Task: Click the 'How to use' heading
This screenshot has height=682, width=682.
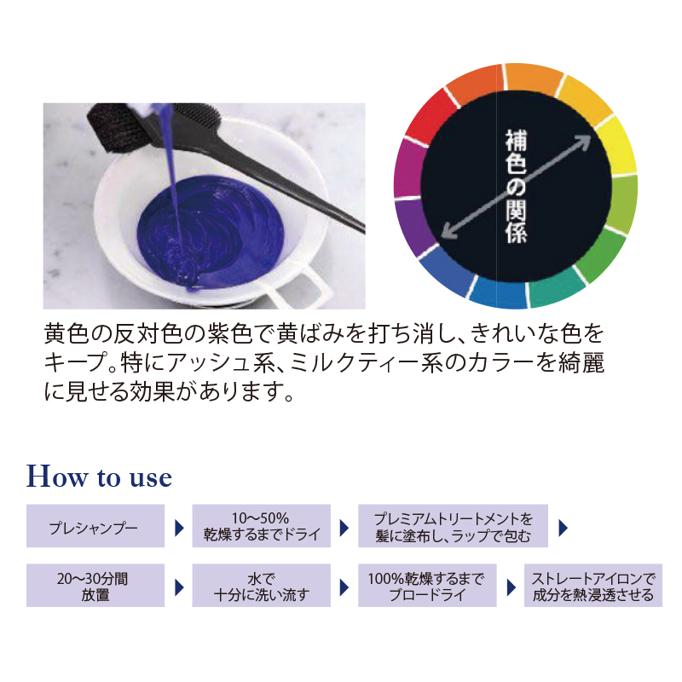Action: coord(99,477)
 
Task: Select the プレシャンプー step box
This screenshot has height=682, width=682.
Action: coord(95,526)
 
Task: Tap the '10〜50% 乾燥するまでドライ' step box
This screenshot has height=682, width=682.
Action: coord(262,526)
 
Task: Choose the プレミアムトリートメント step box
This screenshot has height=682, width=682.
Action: coord(453,526)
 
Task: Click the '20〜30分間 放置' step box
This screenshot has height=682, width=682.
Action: coord(95,586)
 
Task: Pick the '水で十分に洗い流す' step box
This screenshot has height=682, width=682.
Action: coord(262,586)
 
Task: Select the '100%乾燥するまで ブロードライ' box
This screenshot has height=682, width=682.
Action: coord(427,586)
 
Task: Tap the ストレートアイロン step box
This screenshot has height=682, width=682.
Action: coord(593,586)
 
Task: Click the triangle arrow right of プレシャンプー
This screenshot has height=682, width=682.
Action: coord(179,528)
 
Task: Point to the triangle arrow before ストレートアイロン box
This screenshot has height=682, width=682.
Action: coord(511,587)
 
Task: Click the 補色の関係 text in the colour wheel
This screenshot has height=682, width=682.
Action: coord(517,186)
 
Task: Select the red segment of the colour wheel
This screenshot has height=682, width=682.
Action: coord(430,115)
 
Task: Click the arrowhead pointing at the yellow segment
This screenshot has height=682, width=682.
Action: coord(583,142)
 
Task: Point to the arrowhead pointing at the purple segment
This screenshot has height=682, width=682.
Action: coord(449,231)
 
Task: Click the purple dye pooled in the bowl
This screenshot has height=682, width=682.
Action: coord(211,230)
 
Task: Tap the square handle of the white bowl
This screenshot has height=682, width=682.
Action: coord(300,287)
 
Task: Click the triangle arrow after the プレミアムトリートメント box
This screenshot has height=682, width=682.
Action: coord(563,528)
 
